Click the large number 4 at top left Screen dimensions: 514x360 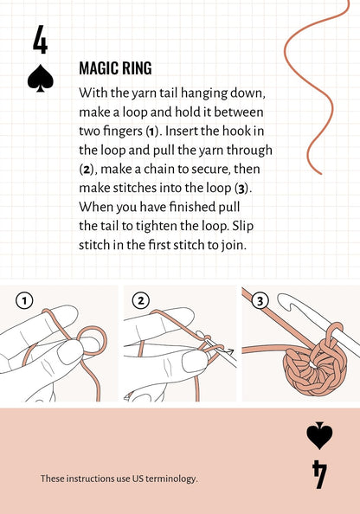(x=40, y=41)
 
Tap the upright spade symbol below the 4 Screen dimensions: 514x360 (x=41, y=79)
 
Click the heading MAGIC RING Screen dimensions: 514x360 (x=115, y=68)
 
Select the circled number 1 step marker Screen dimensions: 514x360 (x=24, y=300)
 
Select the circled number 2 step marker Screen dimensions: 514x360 (x=140, y=300)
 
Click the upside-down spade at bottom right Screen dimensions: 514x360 (x=319, y=436)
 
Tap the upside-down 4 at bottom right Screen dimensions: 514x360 (x=319, y=474)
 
